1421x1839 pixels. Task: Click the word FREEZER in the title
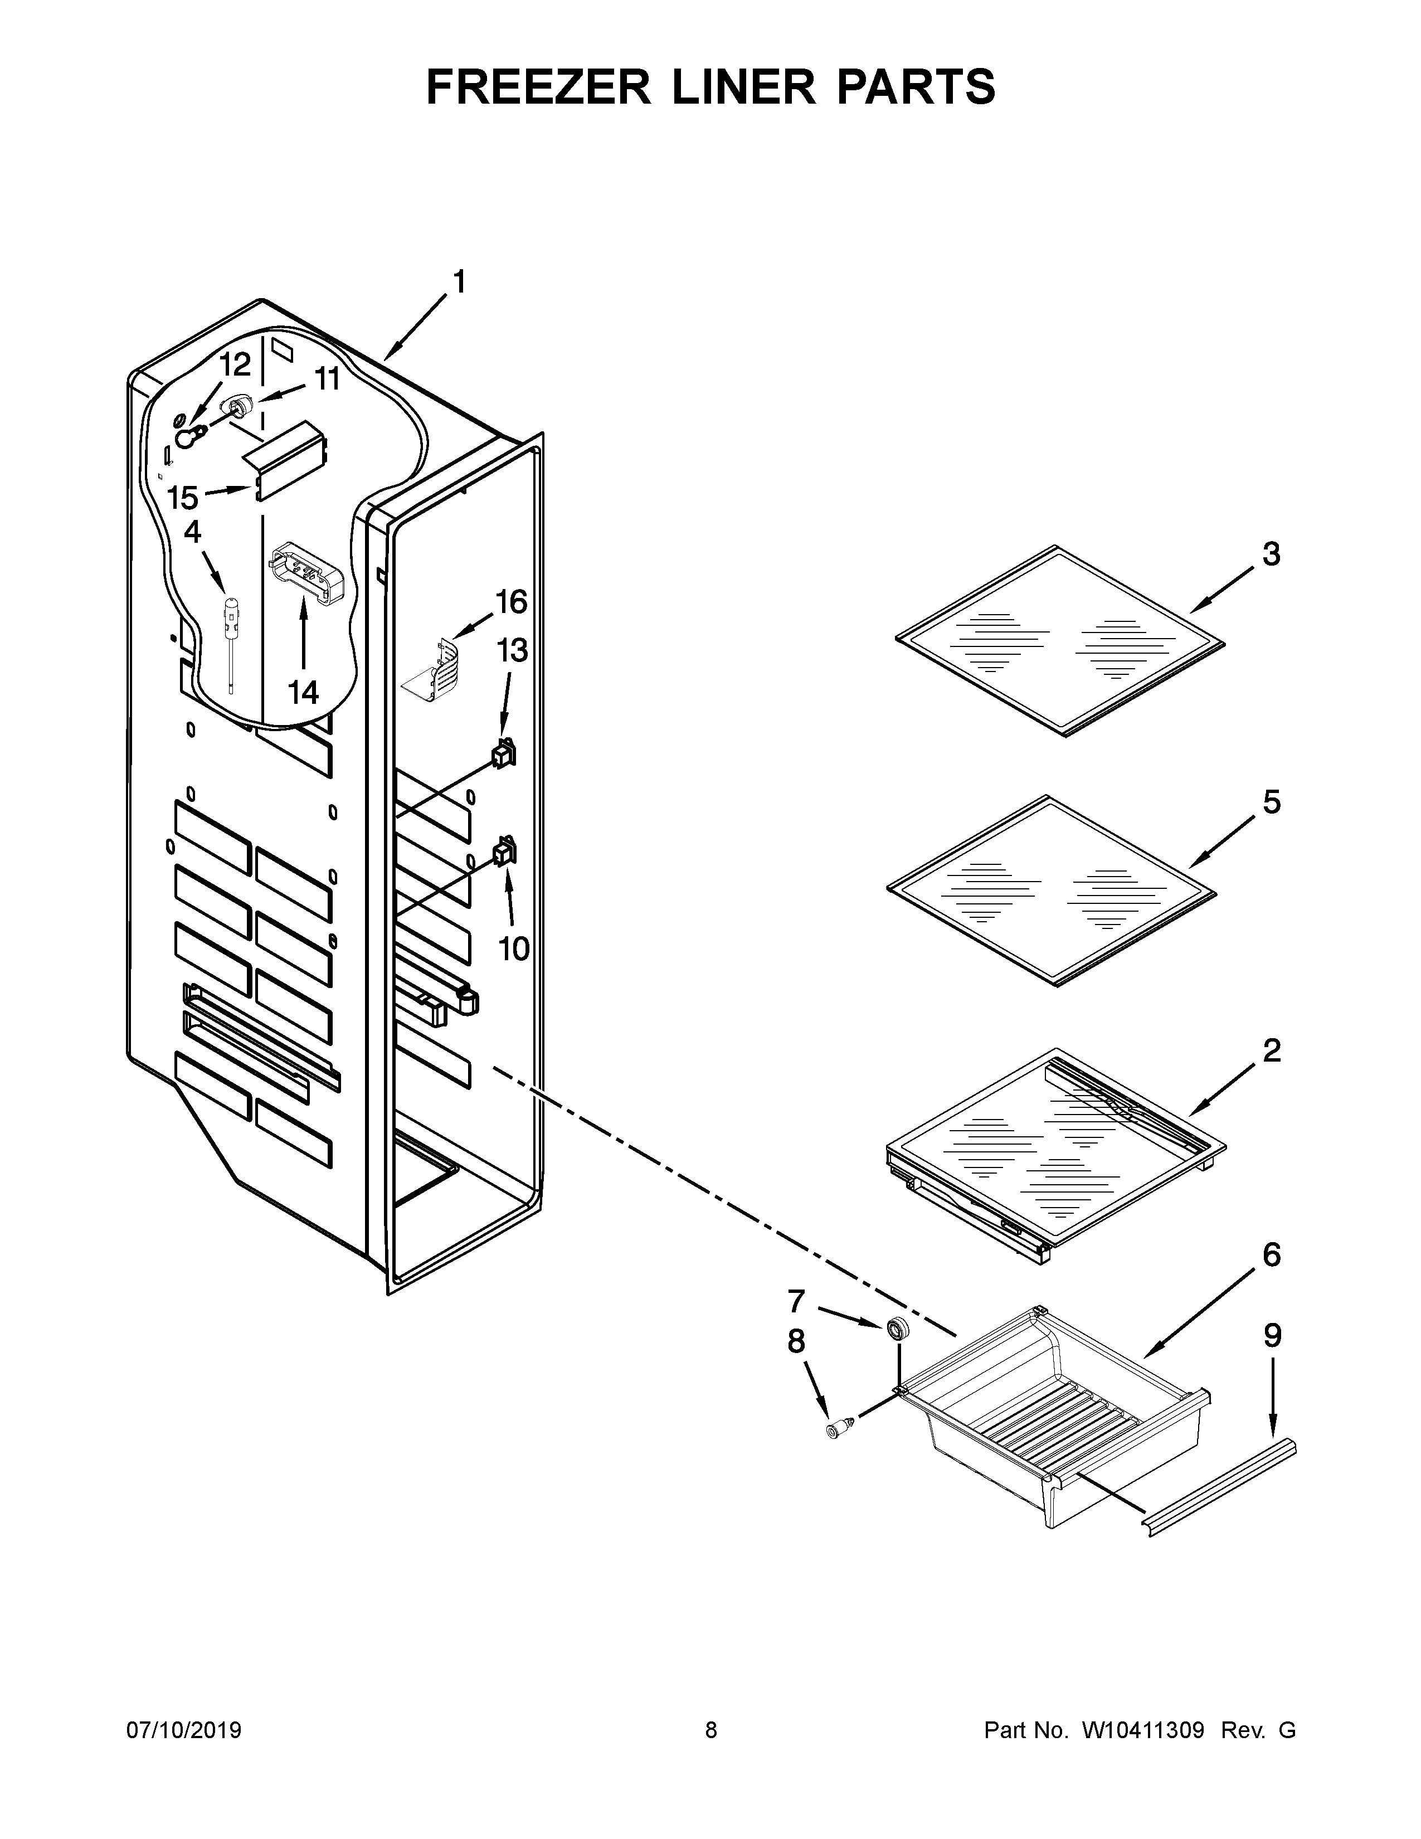(x=539, y=87)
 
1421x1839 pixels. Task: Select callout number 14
(x=303, y=692)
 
